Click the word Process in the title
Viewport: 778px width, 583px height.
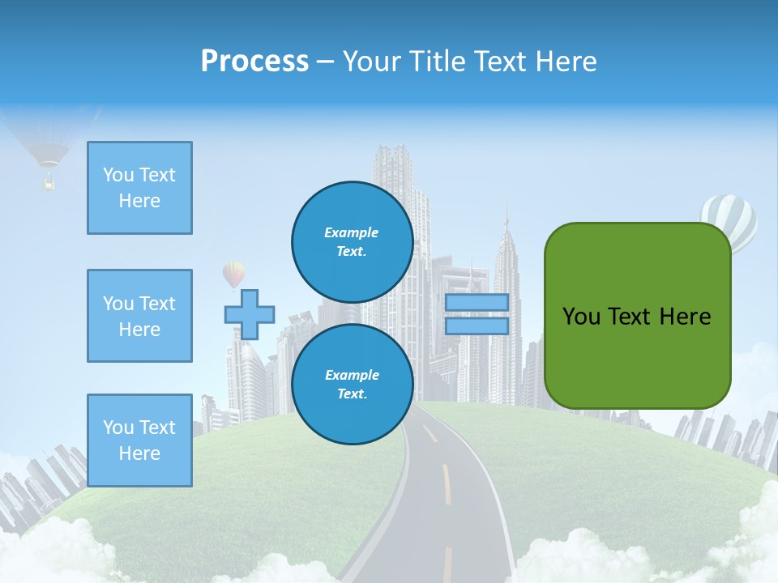point(254,62)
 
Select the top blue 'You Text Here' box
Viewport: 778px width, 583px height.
point(139,188)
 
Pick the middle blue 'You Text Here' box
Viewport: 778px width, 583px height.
point(139,316)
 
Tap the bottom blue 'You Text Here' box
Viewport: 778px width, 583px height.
point(139,440)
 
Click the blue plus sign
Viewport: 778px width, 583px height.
point(250,314)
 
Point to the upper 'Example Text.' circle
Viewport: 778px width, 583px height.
point(353,241)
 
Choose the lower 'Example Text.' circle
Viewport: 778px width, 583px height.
point(353,384)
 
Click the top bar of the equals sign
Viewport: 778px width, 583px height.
point(477,303)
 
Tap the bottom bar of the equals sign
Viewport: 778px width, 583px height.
point(477,326)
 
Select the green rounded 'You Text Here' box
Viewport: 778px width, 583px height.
point(638,316)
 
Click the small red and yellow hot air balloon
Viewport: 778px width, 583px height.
point(233,274)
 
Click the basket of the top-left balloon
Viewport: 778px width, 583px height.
point(49,183)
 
